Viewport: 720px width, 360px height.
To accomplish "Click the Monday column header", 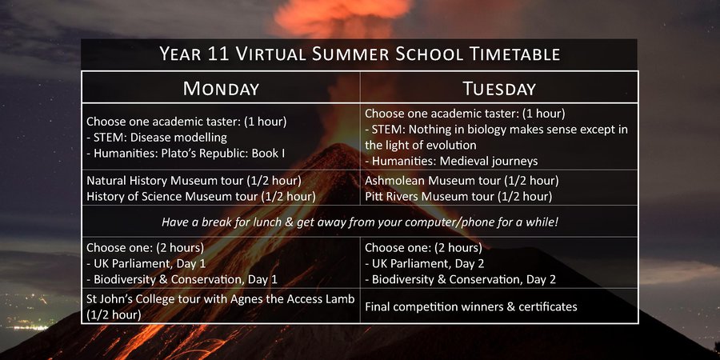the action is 221,88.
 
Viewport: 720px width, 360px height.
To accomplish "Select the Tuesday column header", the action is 499,88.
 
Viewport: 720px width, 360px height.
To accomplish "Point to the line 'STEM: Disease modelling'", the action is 157,138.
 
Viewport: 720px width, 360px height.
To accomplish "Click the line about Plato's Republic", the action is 186,153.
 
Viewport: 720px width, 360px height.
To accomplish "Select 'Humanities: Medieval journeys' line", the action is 451,161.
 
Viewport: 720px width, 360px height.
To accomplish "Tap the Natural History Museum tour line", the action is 194,181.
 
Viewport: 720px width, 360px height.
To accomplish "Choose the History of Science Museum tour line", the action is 201,197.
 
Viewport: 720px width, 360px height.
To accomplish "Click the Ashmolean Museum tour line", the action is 462,181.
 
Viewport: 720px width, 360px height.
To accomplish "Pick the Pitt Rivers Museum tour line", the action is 458,197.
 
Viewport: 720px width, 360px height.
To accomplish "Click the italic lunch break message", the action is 360,222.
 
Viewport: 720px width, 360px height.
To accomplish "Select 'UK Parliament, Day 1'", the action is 146,263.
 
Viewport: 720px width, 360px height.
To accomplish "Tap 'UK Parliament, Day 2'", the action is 425,263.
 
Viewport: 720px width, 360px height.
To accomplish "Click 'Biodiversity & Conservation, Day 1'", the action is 182,279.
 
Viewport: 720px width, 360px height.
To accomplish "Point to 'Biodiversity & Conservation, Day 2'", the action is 461,279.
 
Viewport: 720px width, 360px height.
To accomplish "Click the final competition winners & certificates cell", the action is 471,306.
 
